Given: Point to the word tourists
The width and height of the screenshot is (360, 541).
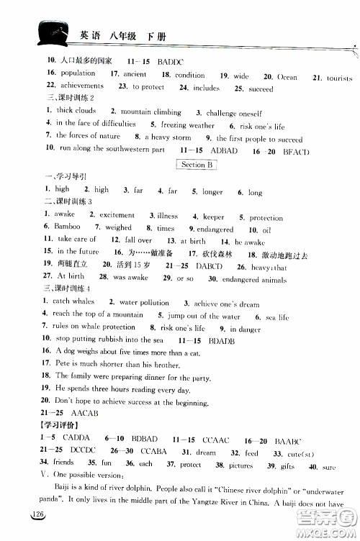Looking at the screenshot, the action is (338, 78).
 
